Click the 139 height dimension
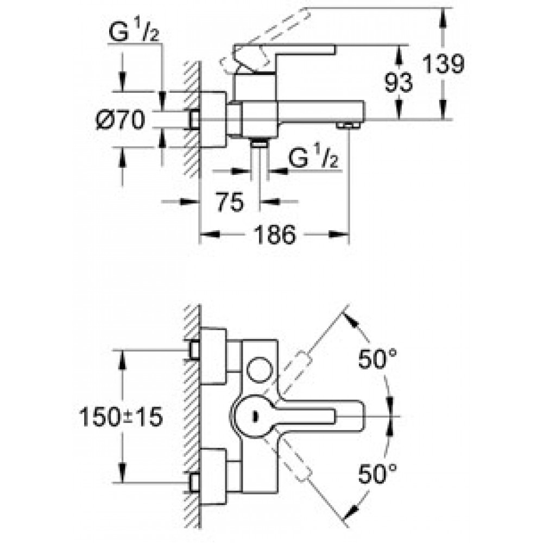coord(443,65)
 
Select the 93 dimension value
coord(399,83)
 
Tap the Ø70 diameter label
coord(121,120)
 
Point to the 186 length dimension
coord(275,235)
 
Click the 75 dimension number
coord(230,202)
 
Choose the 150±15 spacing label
coord(121,416)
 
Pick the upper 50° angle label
coord(377,359)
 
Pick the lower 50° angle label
coord(377,473)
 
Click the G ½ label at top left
coord(134,32)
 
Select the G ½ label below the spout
coord(313,158)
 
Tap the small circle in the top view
coord(260,369)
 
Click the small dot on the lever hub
coord(255,416)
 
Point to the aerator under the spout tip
coord(347,125)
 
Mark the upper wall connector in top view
coord(194,350)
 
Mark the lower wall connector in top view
coord(194,482)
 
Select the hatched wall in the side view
coord(192,119)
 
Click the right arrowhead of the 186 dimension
coord(338,235)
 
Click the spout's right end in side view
coord(364,110)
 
